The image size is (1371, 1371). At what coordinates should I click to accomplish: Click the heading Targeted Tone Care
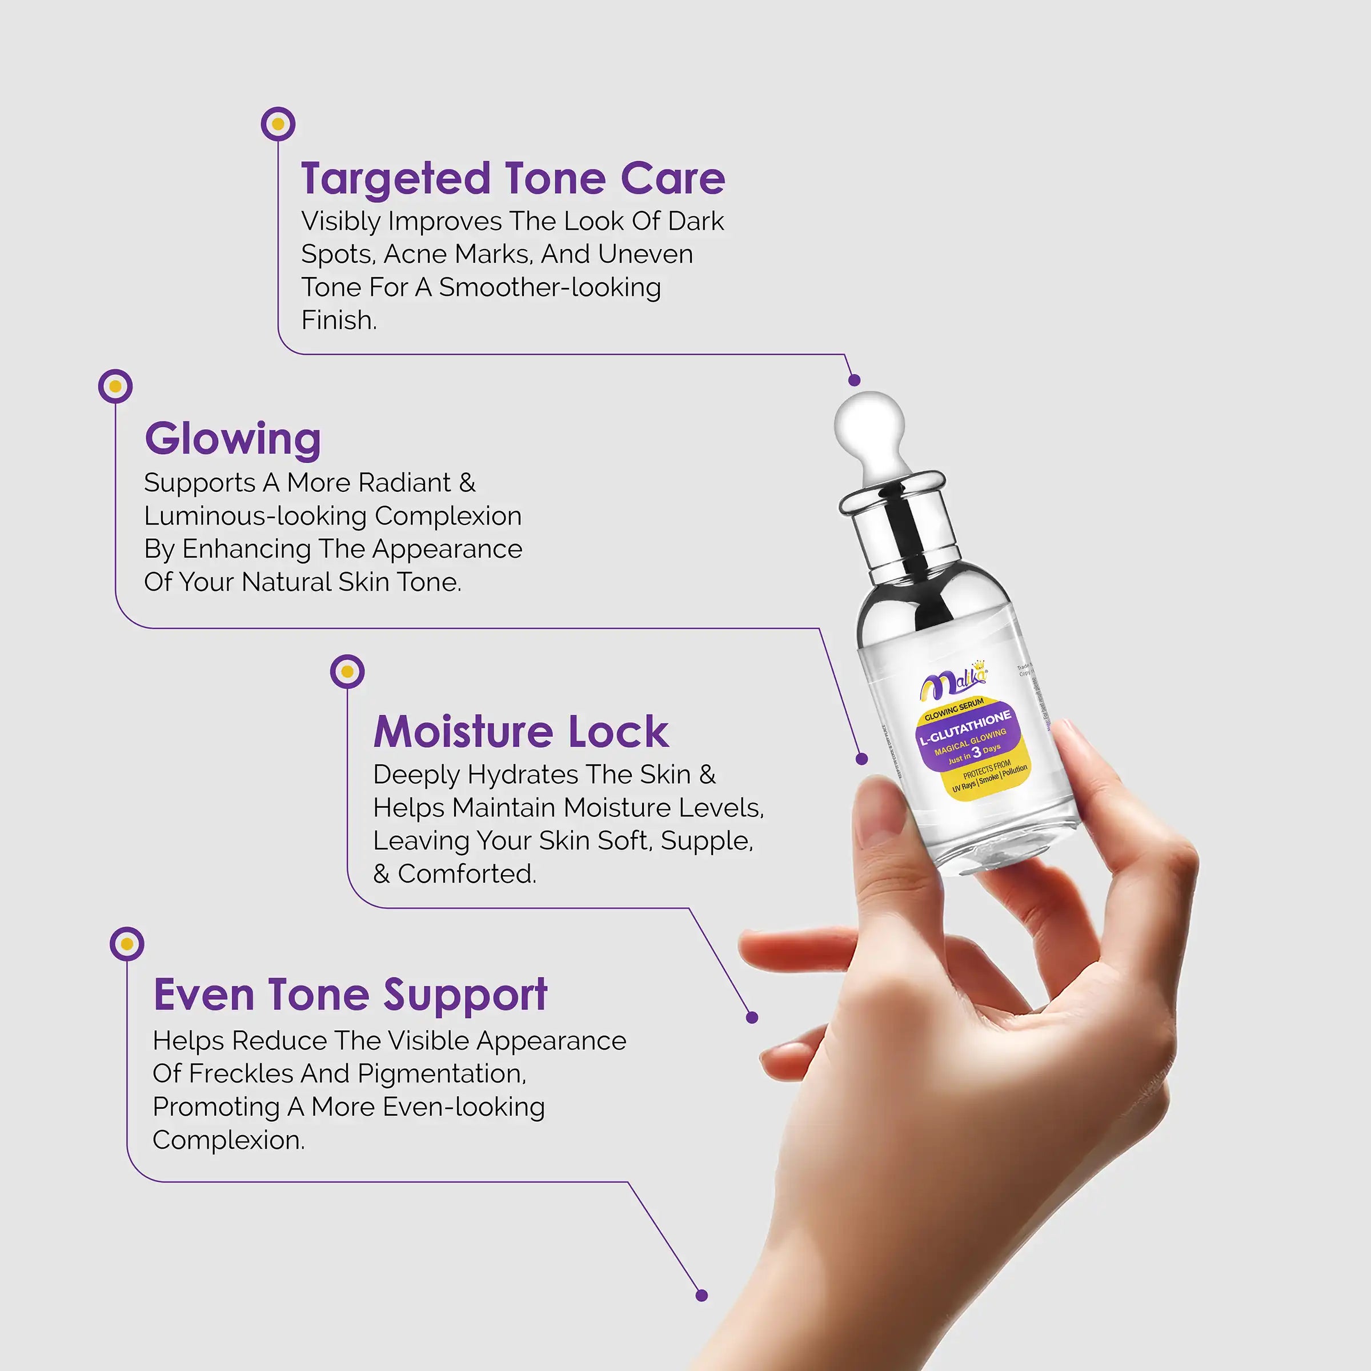pyautogui.click(x=512, y=178)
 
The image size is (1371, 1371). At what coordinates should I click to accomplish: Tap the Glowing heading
pyautogui.click(x=232, y=439)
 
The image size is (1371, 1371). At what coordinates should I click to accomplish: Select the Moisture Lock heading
pyautogui.click(x=521, y=732)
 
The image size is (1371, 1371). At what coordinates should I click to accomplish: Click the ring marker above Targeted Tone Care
pyautogui.click(x=278, y=124)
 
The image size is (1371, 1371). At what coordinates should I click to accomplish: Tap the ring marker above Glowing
pyautogui.click(x=115, y=387)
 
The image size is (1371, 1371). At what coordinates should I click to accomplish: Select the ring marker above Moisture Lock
pyautogui.click(x=347, y=671)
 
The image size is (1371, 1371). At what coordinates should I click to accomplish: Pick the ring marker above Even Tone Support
pyautogui.click(x=127, y=944)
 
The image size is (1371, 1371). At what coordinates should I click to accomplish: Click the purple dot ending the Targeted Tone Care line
pyautogui.click(x=855, y=380)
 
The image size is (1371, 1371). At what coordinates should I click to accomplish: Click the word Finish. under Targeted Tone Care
pyautogui.click(x=339, y=320)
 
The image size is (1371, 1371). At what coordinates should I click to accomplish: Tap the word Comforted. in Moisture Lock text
pyautogui.click(x=466, y=873)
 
